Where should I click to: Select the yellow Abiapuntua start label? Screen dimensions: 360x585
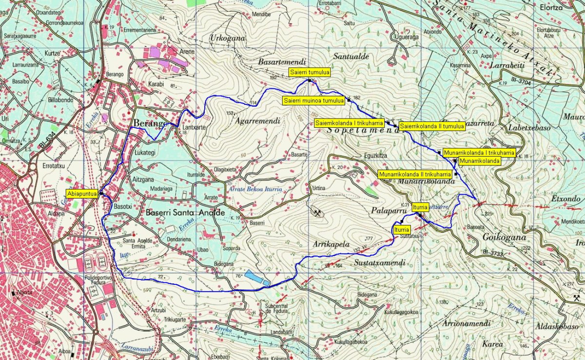(x=82, y=193)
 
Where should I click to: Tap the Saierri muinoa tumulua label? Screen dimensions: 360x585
(x=313, y=100)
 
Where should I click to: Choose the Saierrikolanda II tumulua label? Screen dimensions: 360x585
(x=432, y=126)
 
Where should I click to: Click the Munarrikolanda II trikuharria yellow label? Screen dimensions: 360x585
(x=415, y=174)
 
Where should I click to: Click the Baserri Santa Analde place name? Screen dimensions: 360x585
(x=185, y=213)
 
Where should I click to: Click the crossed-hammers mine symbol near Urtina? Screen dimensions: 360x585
(x=317, y=213)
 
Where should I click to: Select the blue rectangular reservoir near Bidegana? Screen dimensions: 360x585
(x=257, y=278)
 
